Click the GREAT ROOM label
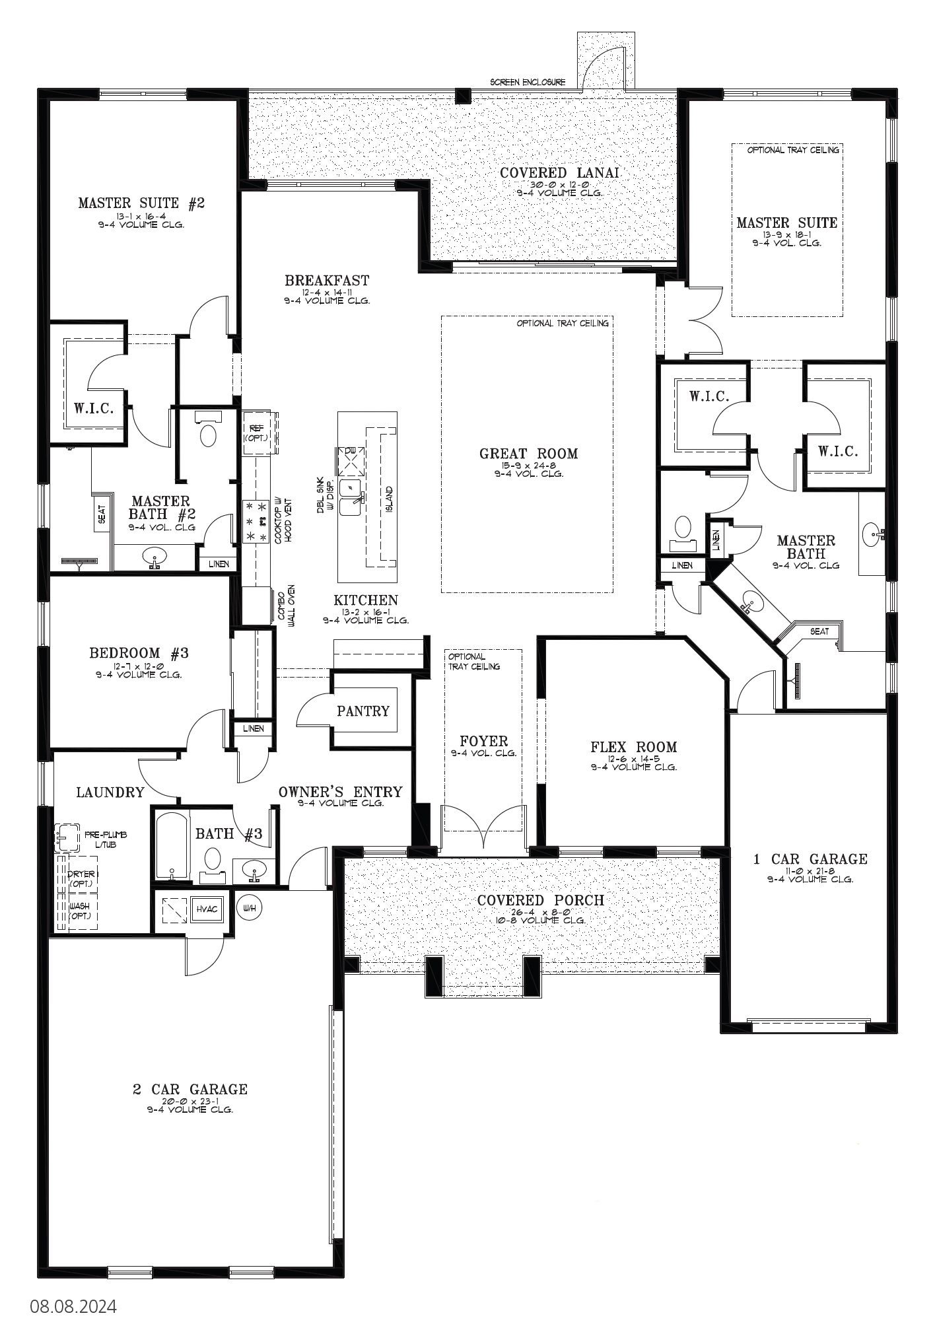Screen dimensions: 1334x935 [x=528, y=454]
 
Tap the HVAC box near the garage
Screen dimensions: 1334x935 [x=207, y=909]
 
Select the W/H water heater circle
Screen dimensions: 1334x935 [x=249, y=908]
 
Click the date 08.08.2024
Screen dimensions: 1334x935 [x=73, y=1306]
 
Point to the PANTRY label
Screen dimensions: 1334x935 [x=363, y=711]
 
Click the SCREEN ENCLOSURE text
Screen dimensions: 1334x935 [x=528, y=83]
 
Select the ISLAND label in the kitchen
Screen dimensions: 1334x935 [x=389, y=498]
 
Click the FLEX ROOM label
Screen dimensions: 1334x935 [x=633, y=747]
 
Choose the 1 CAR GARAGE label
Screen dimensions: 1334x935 [x=810, y=859]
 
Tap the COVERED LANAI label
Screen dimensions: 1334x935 [x=559, y=172]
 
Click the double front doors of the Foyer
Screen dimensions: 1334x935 [x=485, y=825]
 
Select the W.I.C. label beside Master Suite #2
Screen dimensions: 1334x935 [x=94, y=407]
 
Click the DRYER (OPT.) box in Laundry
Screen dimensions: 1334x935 [x=82, y=878]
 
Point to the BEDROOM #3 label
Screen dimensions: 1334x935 [x=139, y=653]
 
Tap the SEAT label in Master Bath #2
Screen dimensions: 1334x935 [x=101, y=513]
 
